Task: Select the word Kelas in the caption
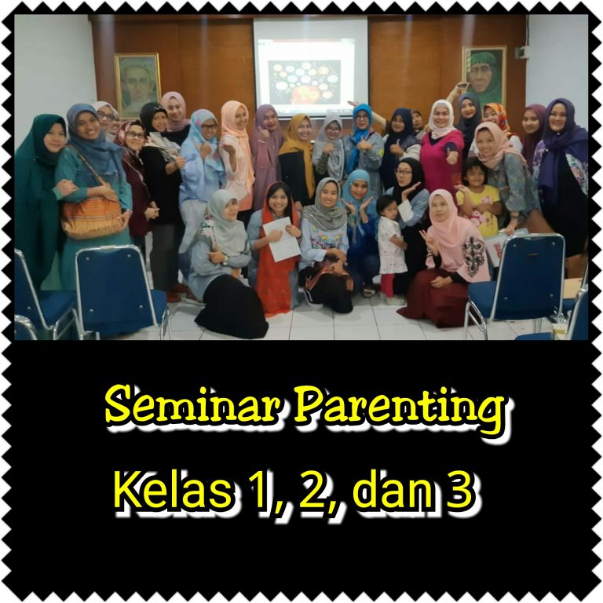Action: (173, 490)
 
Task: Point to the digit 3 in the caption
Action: (460, 491)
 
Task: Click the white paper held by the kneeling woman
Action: (284, 239)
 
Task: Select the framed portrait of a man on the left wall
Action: (137, 85)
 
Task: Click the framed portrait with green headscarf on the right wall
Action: (484, 75)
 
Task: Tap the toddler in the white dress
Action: (391, 245)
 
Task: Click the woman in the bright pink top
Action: (442, 150)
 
